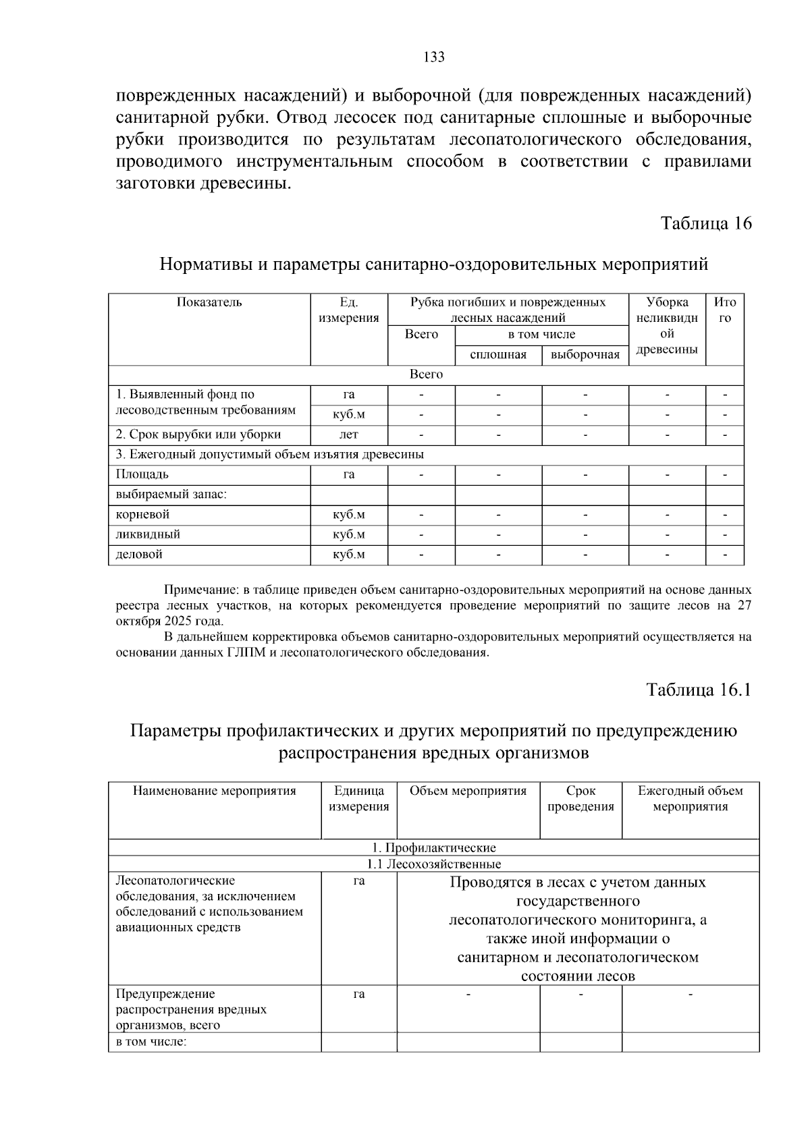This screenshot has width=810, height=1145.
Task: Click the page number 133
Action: point(434,57)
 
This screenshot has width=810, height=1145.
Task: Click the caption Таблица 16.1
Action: point(699,690)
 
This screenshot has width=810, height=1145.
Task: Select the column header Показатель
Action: point(209,302)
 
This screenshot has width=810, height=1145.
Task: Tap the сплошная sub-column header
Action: point(498,355)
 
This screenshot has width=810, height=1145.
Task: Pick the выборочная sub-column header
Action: point(585,355)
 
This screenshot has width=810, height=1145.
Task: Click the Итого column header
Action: point(724,310)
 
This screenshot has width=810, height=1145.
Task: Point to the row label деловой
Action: point(139,555)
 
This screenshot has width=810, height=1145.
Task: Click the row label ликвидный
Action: point(148,534)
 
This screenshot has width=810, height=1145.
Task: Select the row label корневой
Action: point(142,515)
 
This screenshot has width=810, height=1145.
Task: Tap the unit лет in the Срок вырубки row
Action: point(349,435)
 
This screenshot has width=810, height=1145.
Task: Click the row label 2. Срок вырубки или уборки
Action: point(198,435)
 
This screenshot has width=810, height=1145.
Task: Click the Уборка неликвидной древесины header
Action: point(667,326)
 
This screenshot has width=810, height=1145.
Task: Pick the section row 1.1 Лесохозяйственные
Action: point(433,864)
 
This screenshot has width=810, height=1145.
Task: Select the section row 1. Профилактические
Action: point(433,847)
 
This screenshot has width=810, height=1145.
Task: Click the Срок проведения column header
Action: point(580,798)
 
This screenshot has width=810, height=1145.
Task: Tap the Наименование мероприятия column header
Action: point(215,791)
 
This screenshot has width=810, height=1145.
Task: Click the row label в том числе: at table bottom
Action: point(151,1042)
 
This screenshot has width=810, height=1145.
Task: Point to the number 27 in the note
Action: point(744,605)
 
